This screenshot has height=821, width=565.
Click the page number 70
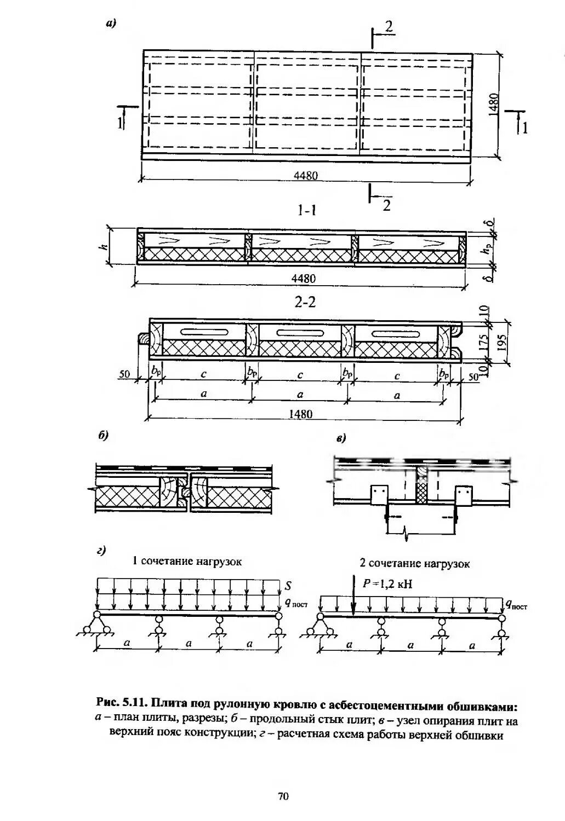(283, 796)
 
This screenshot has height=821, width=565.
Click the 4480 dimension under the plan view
(306, 176)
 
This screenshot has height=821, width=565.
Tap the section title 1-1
(307, 210)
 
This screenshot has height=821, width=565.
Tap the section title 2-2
(305, 302)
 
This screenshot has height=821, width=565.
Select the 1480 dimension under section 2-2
(301, 414)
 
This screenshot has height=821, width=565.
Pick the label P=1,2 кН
(387, 583)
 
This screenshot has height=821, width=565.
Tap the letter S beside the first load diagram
(288, 586)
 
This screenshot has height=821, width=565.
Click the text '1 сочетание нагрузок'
(187, 562)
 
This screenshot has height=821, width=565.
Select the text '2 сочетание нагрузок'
(414, 563)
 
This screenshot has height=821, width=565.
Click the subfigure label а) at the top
(111, 23)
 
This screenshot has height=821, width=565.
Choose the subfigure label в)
(341, 438)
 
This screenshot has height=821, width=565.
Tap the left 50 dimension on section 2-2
(125, 374)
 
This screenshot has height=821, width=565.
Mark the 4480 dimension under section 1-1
(303, 279)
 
